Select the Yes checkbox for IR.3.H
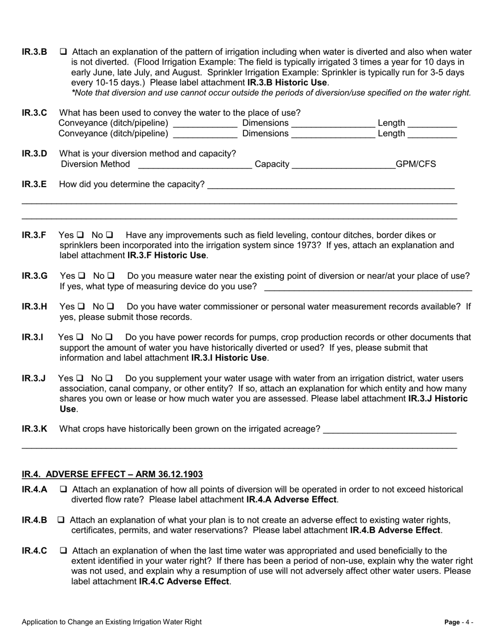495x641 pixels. point(82,306)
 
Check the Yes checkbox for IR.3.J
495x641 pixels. point(80,378)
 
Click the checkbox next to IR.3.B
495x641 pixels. point(64,52)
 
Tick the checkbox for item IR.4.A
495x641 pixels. point(64,489)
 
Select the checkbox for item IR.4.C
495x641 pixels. point(64,550)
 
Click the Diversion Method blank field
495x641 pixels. point(195,165)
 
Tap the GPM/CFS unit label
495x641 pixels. point(416,165)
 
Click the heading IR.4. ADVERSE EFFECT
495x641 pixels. point(112,474)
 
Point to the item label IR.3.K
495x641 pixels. point(34,429)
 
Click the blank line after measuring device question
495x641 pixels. point(368,287)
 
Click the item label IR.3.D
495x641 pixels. point(34,154)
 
